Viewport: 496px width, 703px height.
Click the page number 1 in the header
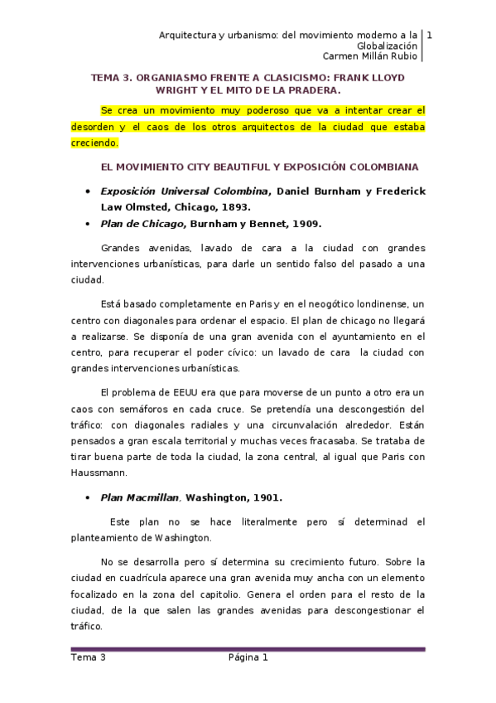click(430, 35)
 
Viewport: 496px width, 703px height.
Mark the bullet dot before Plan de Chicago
click(88, 224)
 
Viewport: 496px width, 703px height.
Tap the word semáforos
click(168, 408)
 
